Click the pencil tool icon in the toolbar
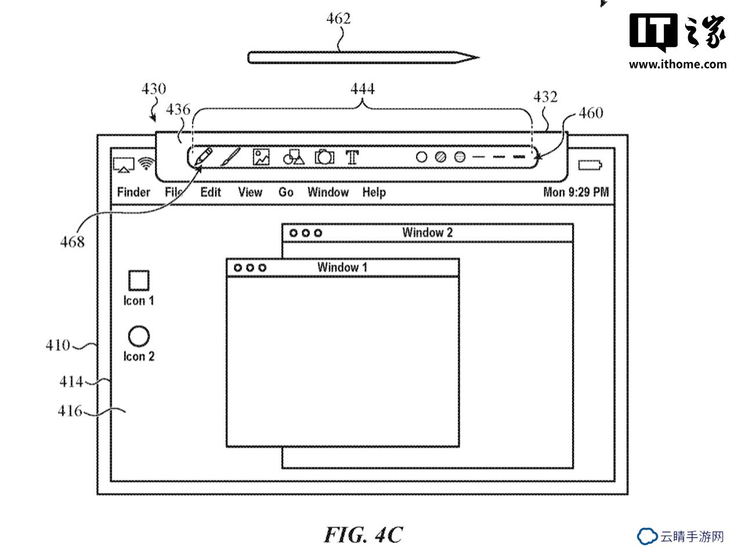click(x=203, y=157)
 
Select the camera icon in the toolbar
click(x=324, y=157)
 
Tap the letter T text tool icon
click(x=352, y=157)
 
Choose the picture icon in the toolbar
click(x=261, y=157)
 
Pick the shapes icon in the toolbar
click(x=294, y=157)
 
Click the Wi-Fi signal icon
click(x=147, y=164)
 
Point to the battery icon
click(x=590, y=165)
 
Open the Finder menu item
click(x=133, y=192)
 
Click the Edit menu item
click(x=211, y=192)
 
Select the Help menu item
click(x=374, y=193)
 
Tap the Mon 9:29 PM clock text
click(x=576, y=192)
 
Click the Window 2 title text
click(x=428, y=233)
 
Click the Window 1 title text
click(x=342, y=267)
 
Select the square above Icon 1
click(x=139, y=280)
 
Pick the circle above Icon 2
click(x=139, y=336)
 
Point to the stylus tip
click(x=479, y=57)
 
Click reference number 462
click(x=338, y=19)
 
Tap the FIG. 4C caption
click(x=363, y=535)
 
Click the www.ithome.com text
click(x=678, y=64)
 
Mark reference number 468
click(x=73, y=242)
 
